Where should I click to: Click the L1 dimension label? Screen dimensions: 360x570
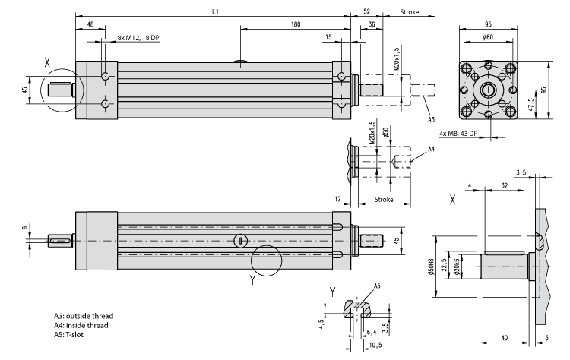point(217,11)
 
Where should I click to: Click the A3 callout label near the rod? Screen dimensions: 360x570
point(430,120)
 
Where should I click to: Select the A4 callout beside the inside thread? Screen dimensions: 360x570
point(431,150)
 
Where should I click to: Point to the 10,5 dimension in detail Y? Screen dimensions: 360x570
point(375,344)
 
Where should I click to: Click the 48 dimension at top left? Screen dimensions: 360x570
point(91,24)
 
